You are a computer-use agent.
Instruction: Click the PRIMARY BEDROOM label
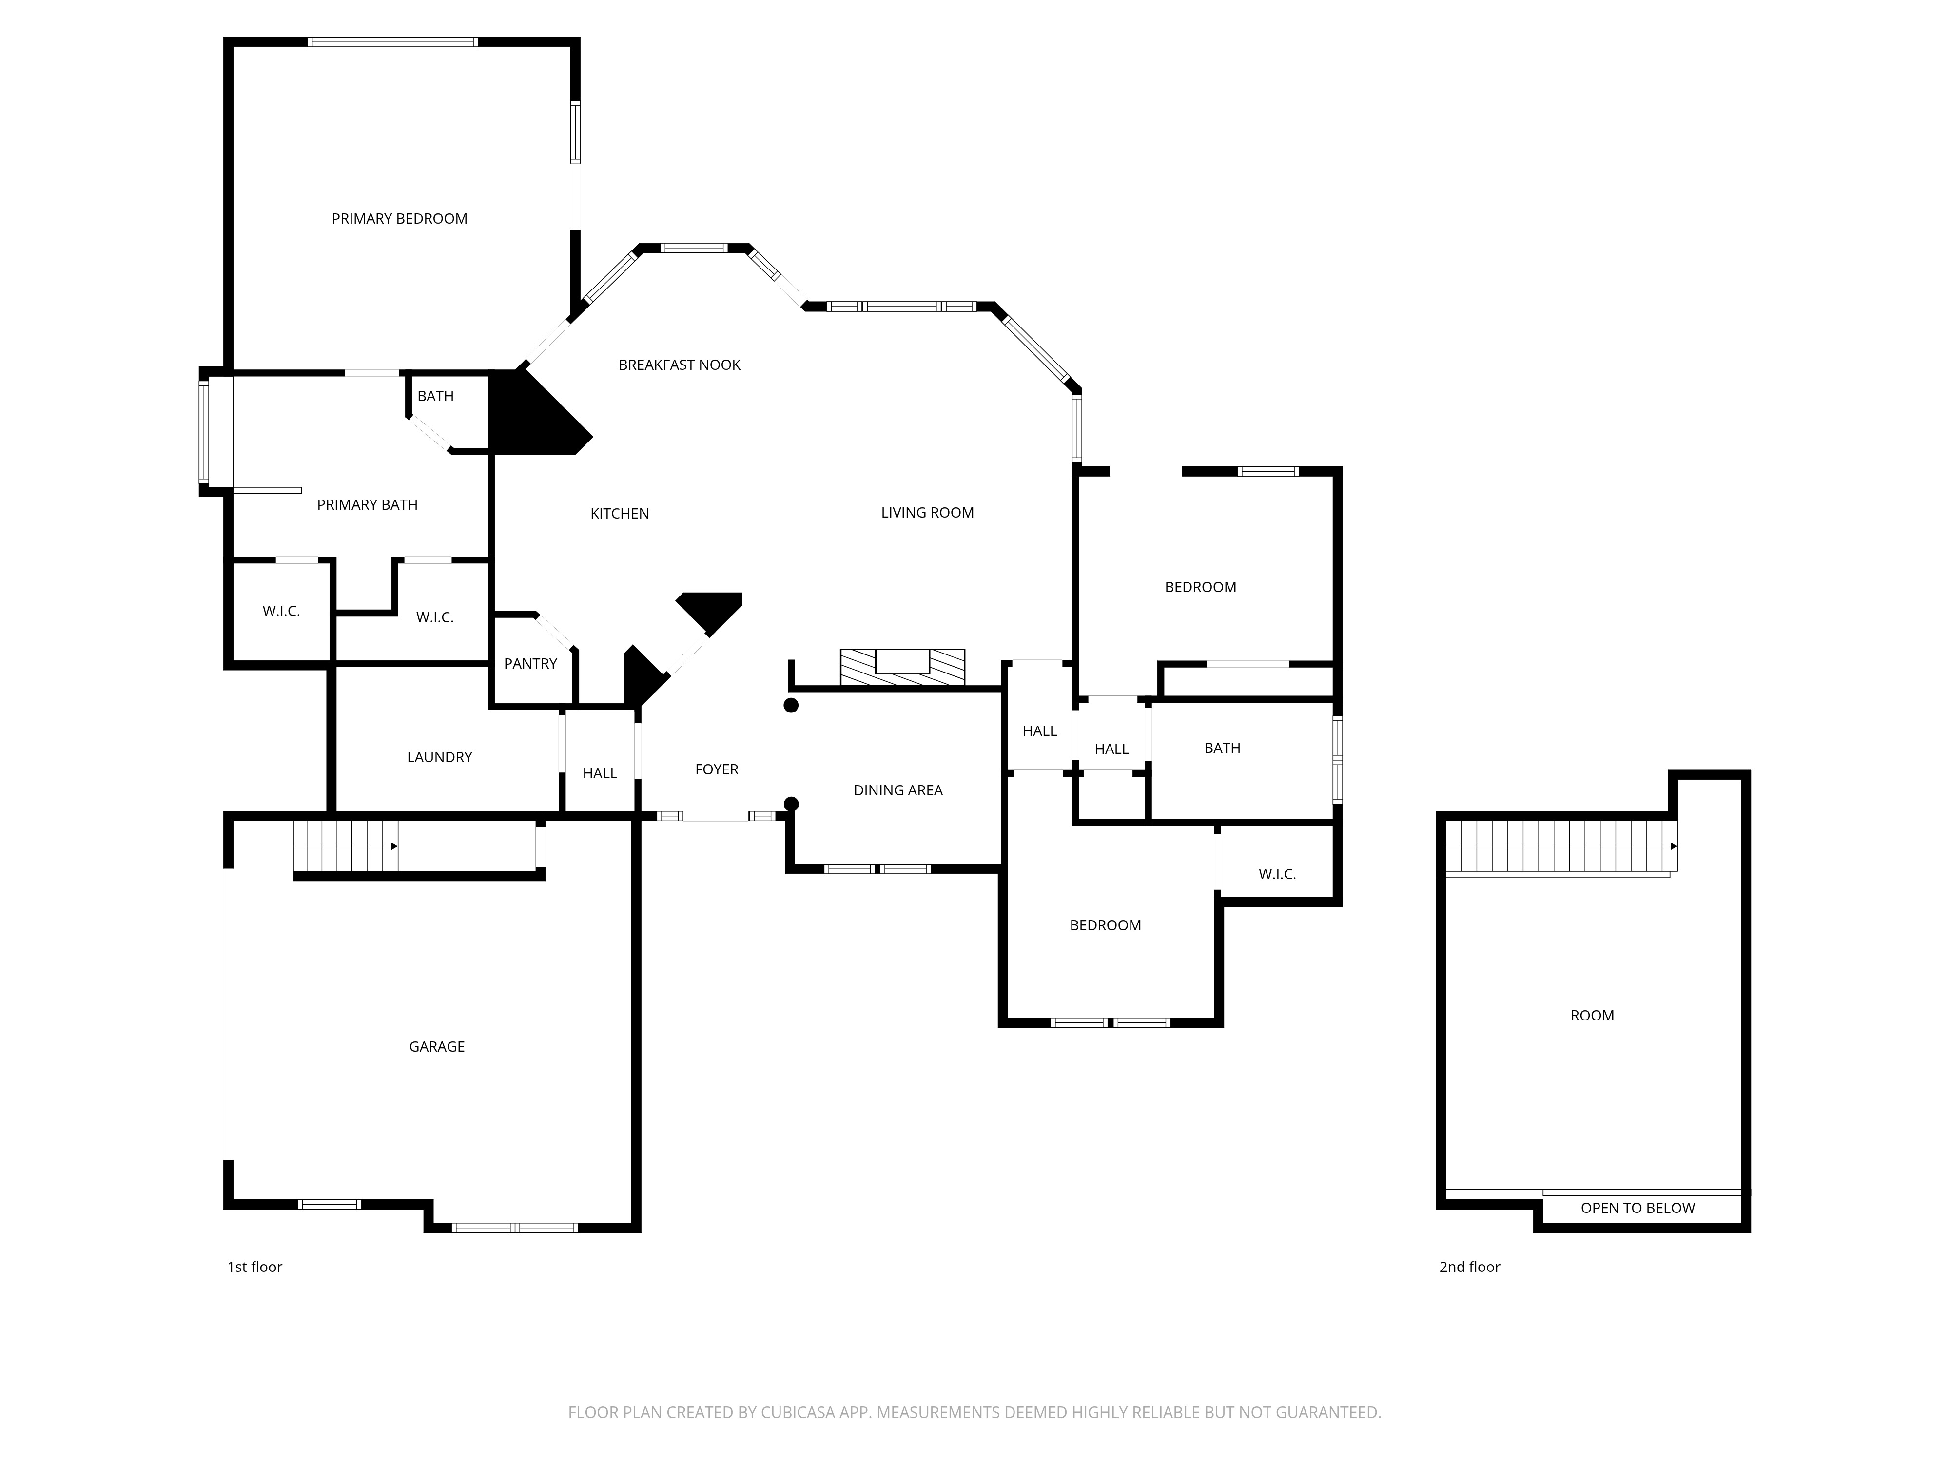point(399,218)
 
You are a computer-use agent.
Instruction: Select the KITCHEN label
point(620,514)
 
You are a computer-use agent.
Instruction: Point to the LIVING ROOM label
point(927,513)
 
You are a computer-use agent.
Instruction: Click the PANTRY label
point(531,664)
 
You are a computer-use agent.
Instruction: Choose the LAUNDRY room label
point(439,757)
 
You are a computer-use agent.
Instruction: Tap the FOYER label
point(717,769)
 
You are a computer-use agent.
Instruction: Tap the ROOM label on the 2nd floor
point(1592,1015)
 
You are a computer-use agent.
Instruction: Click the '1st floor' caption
point(255,1267)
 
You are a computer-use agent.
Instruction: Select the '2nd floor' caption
point(1469,1267)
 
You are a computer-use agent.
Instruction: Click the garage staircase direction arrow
point(394,846)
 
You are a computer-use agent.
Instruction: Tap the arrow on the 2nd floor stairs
point(1673,846)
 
